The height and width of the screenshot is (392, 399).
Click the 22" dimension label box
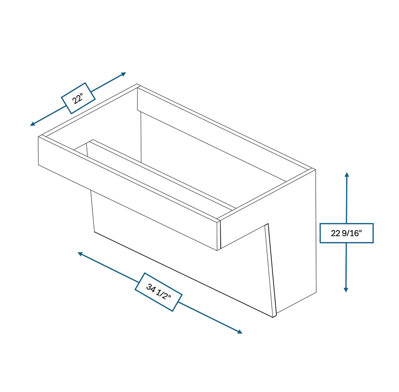coord(78,98)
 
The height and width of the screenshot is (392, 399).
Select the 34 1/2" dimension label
coord(159,292)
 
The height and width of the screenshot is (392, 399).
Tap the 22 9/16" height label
coord(346,233)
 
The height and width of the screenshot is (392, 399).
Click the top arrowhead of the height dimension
coord(346,174)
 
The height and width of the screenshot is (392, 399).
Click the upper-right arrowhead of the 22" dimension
coord(124,74)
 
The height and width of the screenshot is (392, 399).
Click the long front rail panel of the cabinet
coord(129,193)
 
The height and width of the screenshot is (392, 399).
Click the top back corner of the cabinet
coord(137,85)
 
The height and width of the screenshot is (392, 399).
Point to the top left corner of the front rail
coord(39,137)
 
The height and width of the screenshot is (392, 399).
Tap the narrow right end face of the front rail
coord(219,235)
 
